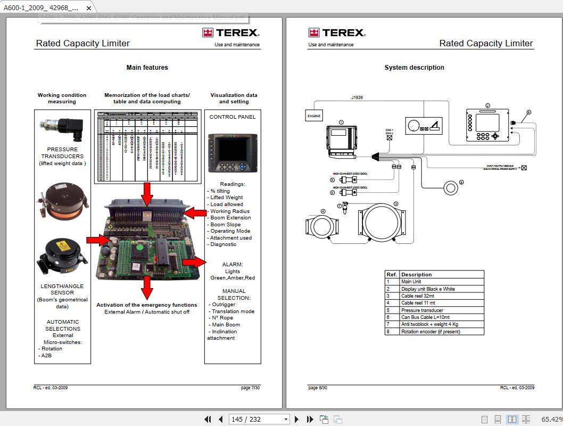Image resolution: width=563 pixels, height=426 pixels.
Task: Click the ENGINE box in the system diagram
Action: pyautogui.click(x=313, y=116)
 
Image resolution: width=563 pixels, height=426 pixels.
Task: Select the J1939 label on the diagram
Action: pyautogui.click(x=357, y=98)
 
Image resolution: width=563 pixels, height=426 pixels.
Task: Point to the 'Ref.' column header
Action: pyautogui.click(x=392, y=275)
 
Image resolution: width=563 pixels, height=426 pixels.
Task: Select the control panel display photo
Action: pyautogui.click(x=233, y=152)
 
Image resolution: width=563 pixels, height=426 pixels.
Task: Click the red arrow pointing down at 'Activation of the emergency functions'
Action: pyautogui.click(x=147, y=288)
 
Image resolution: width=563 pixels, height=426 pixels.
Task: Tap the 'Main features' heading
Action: pyautogui.click(x=147, y=68)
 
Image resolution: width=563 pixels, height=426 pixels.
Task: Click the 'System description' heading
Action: pyautogui.click(x=414, y=68)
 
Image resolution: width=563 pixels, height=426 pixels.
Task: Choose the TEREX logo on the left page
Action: pyautogui.click(x=230, y=33)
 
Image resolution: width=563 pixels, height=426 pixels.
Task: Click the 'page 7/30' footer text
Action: pyautogui.click(x=250, y=388)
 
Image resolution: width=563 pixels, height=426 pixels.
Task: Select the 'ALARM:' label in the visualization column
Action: pyautogui.click(x=233, y=264)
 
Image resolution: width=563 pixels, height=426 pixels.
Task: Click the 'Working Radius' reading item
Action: pyautogui.click(x=229, y=211)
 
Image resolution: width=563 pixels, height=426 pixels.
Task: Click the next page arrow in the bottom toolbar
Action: pyautogui.click(x=297, y=419)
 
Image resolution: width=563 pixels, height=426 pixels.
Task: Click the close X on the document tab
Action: pyautogui.click(x=89, y=8)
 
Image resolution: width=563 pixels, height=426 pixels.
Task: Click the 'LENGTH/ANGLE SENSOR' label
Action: pyautogui.click(x=62, y=289)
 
